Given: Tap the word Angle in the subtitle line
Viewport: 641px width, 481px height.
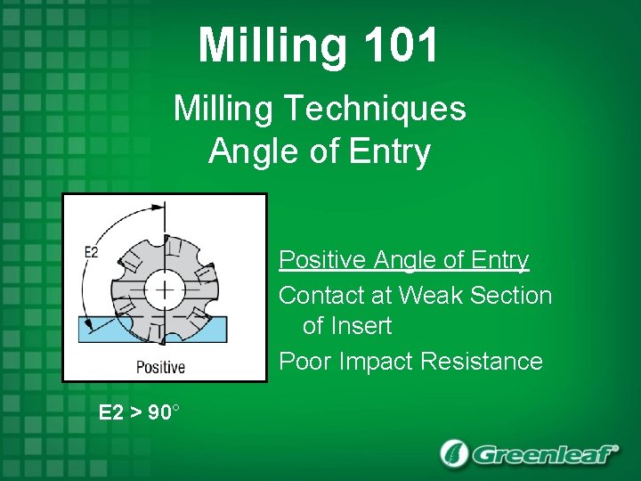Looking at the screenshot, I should [244, 151].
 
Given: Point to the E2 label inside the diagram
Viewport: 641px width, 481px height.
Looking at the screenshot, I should [91, 252].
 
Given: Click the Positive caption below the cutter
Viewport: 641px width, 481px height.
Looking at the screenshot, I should [160, 366].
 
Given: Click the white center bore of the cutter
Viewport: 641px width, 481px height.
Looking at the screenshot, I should [165, 289].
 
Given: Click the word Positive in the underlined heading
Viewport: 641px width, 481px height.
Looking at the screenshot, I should [321, 260].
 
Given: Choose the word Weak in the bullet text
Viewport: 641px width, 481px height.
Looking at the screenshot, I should [430, 295].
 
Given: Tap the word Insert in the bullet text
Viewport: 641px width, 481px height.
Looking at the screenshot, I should [360, 326].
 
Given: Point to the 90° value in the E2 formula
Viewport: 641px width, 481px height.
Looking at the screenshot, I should [163, 413].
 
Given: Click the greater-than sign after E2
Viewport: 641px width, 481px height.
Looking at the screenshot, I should [135, 413].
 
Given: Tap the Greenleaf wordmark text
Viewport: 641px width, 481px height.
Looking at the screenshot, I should [543, 454].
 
